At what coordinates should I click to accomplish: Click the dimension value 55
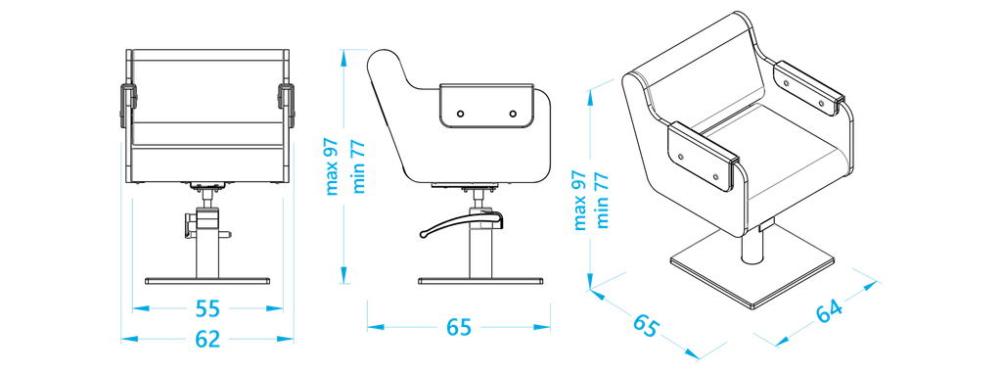click(207, 308)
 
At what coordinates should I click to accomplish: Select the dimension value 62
click(207, 339)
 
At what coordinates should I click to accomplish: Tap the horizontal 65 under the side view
click(458, 328)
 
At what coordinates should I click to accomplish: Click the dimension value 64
click(828, 312)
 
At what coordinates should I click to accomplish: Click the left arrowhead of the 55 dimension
click(138, 308)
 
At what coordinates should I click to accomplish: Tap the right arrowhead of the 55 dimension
click(277, 308)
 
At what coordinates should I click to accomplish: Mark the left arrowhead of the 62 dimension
click(127, 339)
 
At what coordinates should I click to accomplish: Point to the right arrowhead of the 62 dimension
click(288, 339)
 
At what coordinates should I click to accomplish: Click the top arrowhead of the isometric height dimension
click(590, 94)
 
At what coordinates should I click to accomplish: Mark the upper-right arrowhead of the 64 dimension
click(873, 284)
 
